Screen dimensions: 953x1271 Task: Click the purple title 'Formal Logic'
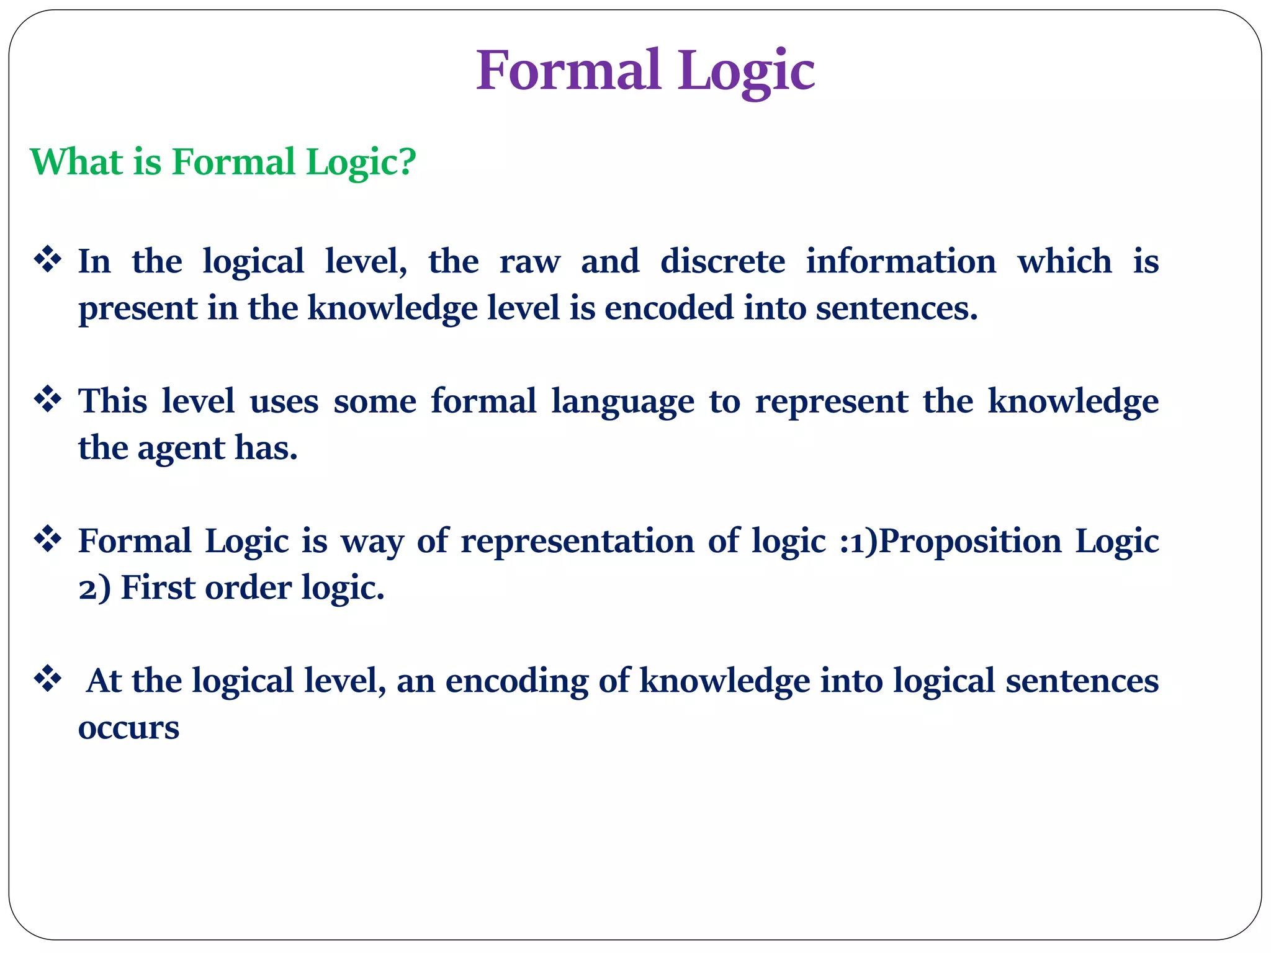click(645, 70)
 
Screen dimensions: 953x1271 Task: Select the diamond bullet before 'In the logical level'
click(48, 259)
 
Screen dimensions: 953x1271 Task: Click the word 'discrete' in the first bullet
click(722, 261)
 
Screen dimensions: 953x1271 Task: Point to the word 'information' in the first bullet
click(900, 261)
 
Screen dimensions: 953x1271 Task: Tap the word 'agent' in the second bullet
click(181, 449)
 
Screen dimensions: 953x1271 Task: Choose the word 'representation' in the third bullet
click(577, 541)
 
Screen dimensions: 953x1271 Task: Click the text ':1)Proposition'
click(950, 541)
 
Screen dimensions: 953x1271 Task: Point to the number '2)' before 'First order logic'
click(94, 588)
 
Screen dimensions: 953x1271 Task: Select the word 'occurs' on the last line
click(128, 728)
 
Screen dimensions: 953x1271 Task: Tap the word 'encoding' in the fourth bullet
click(516, 681)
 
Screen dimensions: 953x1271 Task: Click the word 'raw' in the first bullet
click(529, 262)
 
